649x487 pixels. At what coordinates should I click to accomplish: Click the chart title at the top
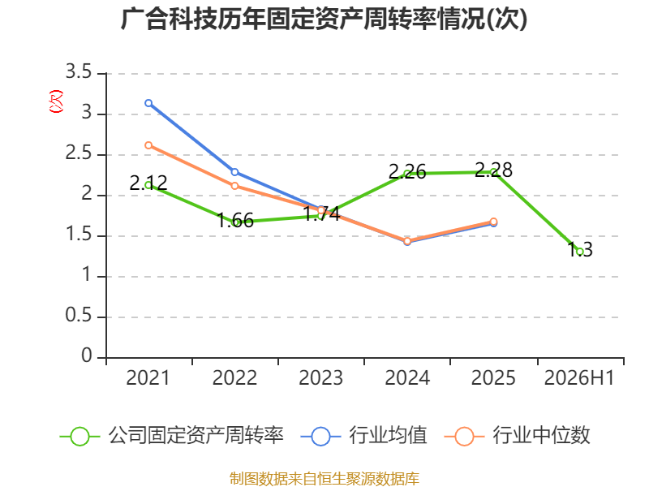tap(324, 19)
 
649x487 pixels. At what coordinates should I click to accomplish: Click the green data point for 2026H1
tap(579, 252)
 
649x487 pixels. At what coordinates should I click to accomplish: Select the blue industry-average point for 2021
tap(148, 103)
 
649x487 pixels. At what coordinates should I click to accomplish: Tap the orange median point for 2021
tap(148, 145)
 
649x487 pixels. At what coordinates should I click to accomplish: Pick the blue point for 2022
tap(234, 172)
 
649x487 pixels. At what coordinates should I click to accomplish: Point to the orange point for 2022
tap(234, 186)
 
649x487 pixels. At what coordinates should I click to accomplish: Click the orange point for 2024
tap(407, 241)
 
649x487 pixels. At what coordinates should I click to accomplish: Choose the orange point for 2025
tap(493, 222)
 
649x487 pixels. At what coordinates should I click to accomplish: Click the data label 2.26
tap(407, 171)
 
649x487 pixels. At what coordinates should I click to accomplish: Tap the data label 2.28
tap(493, 170)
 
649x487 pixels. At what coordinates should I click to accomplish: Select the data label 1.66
tap(235, 220)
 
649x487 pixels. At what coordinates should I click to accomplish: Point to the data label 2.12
tap(148, 183)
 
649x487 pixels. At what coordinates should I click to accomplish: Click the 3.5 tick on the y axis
tap(79, 72)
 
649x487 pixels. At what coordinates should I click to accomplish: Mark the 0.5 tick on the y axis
tap(79, 316)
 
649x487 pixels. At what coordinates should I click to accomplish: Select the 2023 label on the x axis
tap(320, 377)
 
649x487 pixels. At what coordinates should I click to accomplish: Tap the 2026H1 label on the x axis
tap(579, 377)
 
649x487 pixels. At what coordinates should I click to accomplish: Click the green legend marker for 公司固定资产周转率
tap(80, 437)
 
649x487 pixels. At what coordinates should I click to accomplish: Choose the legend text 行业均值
tap(388, 436)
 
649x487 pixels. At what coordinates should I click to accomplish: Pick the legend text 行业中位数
tap(541, 436)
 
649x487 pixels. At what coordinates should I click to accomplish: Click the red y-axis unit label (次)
tap(56, 101)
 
